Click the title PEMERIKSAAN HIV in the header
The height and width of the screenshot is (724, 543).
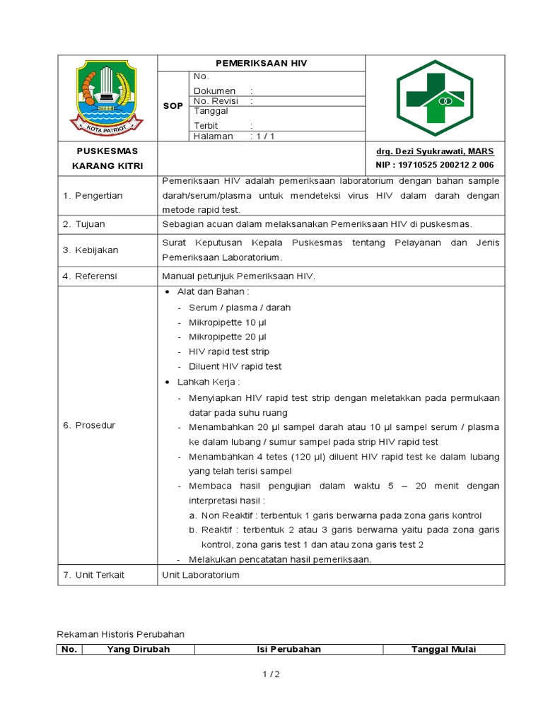click(x=261, y=64)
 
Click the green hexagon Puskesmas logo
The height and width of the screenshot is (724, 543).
click(x=435, y=98)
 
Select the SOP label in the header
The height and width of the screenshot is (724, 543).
click(x=173, y=106)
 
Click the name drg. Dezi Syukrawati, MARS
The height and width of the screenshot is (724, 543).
click(x=435, y=151)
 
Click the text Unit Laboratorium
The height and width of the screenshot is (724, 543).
click(x=201, y=575)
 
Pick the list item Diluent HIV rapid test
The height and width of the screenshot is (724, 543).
click(x=235, y=366)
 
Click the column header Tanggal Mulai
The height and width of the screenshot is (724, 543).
click(x=444, y=649)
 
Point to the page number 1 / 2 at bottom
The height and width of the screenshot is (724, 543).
click(x=271, y=675)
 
